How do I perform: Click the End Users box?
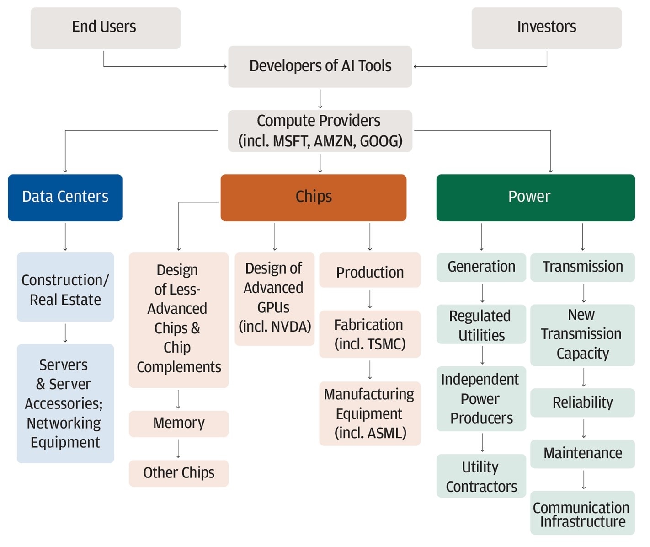tap(105, 28)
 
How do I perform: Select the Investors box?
tap(546, 28)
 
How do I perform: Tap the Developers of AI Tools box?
tap(320, 66)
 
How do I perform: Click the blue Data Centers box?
tap(65, 197)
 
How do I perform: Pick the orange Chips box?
tap(313, 197)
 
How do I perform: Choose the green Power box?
tap(535, 197)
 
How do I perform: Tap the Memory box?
tap(178, 424)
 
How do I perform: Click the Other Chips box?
tap(178, 473)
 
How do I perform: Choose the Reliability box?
tap(582, 402)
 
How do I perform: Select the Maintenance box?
tap(582, 453)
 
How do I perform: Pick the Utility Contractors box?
tap(481, 476)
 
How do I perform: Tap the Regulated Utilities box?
tap(481, 325)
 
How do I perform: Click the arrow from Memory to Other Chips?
tap(178, 449)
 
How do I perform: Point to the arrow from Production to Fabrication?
tap(370, 299)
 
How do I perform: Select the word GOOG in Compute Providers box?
tap(381, 141)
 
